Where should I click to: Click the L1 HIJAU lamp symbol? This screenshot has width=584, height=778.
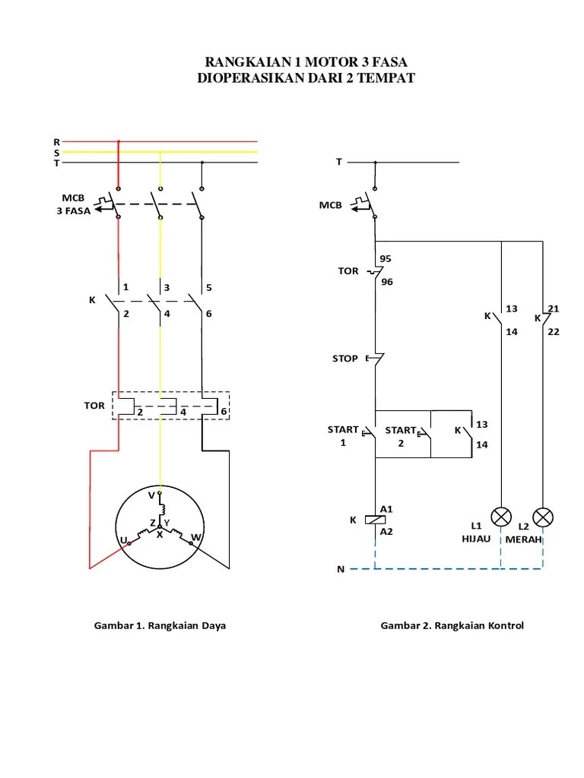pyautogui.click(x=500, y=517)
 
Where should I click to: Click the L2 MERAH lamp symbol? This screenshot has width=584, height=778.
pyautogui.click(x=543, y=517)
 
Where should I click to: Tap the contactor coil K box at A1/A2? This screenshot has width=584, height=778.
pyautogui.click(x=374, y=520)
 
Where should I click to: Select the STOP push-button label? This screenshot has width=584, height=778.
pyautogui.click(x=345, y=358)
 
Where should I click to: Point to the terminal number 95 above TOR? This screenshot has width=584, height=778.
pyautogui.click(x=386, y=258)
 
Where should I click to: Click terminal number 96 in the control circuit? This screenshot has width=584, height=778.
pyautogui.click(x=387, y=282)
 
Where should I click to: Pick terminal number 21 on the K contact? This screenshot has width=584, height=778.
pyautogui.click(x=554, y=308)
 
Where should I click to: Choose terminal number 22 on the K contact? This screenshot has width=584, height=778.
pyautogui.click(x=554, y=331)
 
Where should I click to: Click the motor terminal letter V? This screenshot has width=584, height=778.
pyautogui.click(x=151, y=495)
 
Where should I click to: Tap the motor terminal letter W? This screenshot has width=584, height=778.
pyautogui.click(x=195, y=537)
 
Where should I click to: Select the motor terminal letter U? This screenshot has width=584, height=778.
pyautogui.click(x=123, y=539)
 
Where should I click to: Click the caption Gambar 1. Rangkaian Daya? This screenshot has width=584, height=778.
pyautogui.click(x=160, y=626)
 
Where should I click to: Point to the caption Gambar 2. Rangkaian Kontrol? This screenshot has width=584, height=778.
pyautogui.click(x=452, y=626)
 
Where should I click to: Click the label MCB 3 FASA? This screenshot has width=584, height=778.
pyautogui.click(x=73, y=206)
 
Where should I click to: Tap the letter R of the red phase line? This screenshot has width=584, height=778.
pyautogui.click(x=56, y=141)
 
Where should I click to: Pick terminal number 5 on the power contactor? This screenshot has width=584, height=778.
pyautogui.click(x=208, y=288)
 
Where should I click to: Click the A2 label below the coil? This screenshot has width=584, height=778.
pyautogui.click(x=387, y=532)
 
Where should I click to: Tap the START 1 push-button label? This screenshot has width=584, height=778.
pyautogui.click(x=343, y=436)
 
